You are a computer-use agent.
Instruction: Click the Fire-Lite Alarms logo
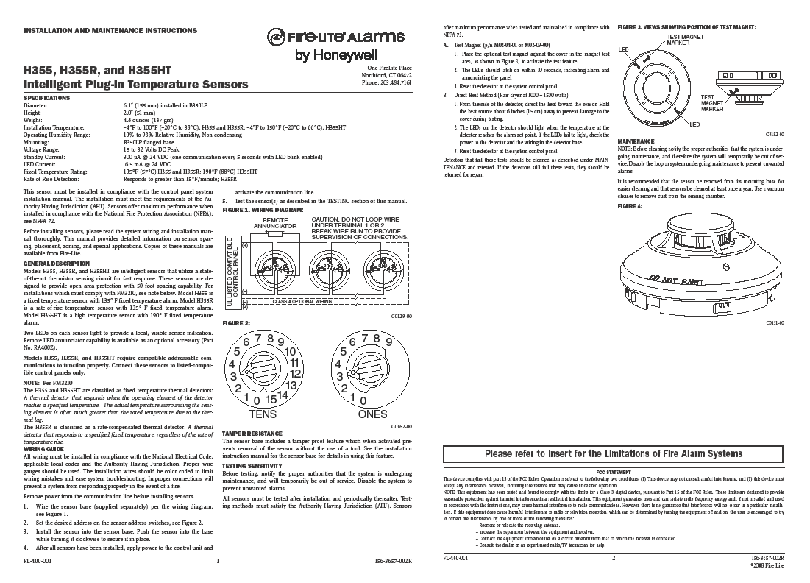point(335,37)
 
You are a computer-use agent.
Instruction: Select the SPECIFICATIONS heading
point(48,98)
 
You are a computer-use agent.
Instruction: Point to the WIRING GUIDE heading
point(43,448)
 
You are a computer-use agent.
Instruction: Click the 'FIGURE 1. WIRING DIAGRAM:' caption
point(262,210)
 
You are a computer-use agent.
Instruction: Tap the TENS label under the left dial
point(263,414)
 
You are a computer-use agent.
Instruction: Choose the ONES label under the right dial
point(372,414)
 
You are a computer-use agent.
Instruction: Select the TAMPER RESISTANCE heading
point(252,434)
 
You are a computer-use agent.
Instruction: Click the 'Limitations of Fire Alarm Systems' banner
point(613,453)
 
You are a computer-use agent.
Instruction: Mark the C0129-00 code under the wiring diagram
point(400,315)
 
